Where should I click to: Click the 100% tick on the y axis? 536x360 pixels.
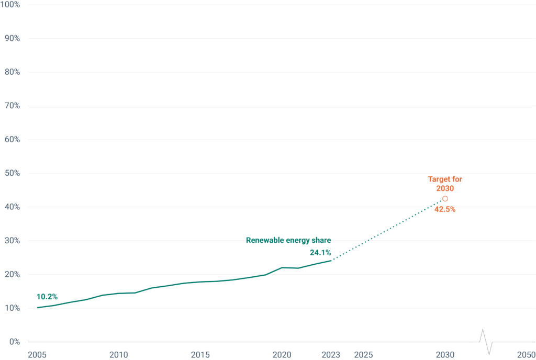pyautogui.click(x=10, y=5)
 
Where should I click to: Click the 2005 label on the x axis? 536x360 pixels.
pyautogui.click(x=37, y=355)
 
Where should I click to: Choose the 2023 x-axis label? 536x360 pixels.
pyautogui.click(x=331, y=355)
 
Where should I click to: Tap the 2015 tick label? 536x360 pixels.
pyautogui.click(x=200, y=355)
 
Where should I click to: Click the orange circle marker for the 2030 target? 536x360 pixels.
pyautogui.click(x=445, y=199)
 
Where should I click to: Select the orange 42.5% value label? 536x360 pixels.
pyautogui.click(x=445, y=209)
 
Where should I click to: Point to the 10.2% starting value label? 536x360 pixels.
pyautogui.click(x=47, y=297)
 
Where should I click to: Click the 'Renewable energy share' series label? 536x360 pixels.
pyautogui.click(x=288, y=240)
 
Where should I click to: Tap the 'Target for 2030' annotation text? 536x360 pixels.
pyautogui.click(x=445, y=184)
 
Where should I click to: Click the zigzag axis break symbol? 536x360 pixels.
pyautogui.click(x=486, y=342)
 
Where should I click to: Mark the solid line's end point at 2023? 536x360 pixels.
pyautogui.click(x=331, y=261)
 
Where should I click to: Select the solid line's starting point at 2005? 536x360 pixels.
pyautogui.click(x=38, y=307)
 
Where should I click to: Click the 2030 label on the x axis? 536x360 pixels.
pyautogui.click(x=445, y=355)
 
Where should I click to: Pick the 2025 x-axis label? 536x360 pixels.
pyautogui.click(x=363, y=355)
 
